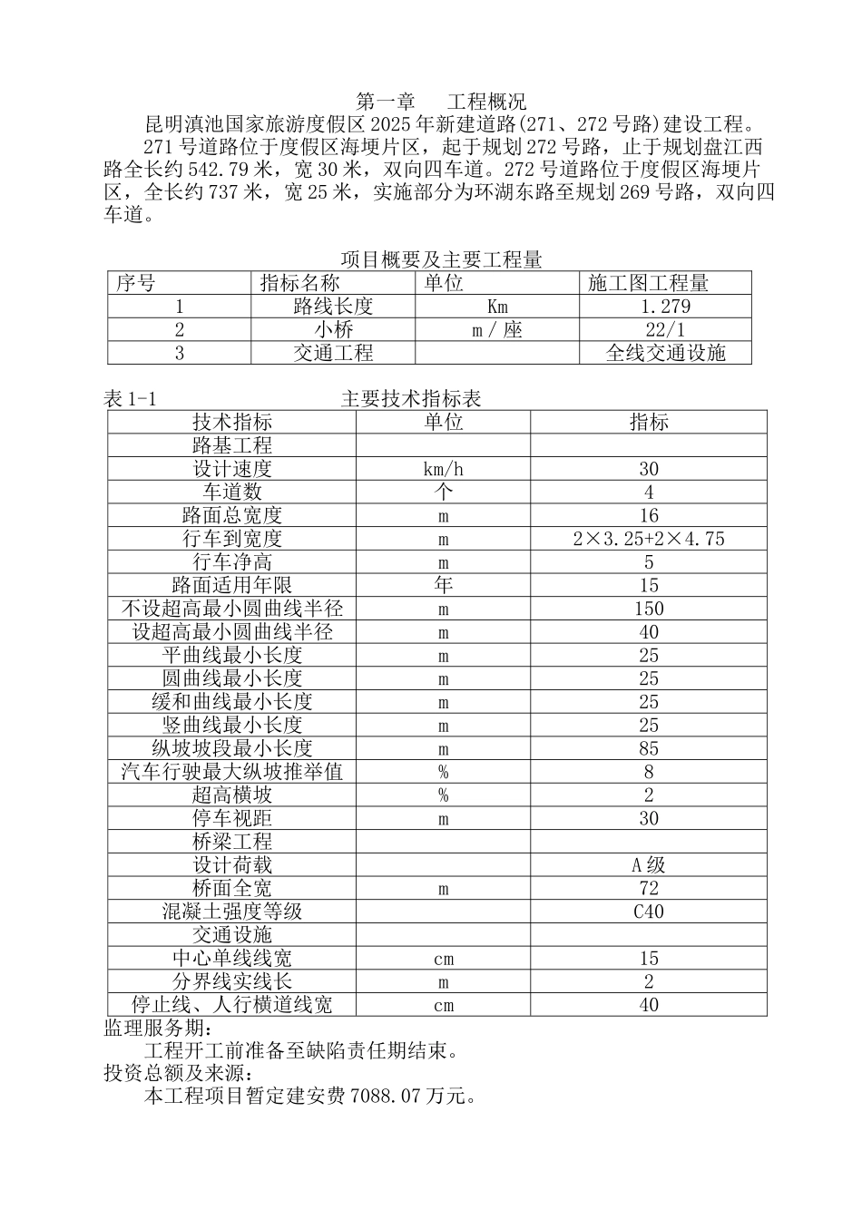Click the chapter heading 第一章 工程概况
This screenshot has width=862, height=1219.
441,101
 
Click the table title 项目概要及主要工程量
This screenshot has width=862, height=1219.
441,260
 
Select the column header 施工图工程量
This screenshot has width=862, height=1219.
648,283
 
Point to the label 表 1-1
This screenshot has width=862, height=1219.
131,399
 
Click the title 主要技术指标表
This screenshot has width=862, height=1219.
411,399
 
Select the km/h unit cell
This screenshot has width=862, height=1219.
443,469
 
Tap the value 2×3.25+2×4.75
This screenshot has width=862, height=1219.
648,539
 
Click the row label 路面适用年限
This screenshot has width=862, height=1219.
231,586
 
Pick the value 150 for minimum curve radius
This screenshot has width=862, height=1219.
648,609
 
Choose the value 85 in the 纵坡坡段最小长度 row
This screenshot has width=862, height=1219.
648,749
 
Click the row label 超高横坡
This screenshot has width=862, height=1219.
231,795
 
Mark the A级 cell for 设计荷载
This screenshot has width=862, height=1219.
648,865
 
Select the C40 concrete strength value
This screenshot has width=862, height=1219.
648,912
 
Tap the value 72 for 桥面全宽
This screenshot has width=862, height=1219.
648,889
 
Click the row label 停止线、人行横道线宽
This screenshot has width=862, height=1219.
231,1005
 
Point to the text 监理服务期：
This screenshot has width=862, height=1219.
160,1029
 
